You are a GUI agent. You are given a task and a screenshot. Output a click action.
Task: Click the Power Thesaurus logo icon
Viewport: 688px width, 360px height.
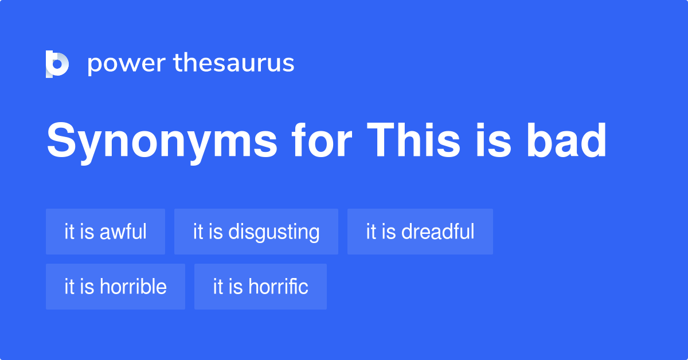(x=57, y=64)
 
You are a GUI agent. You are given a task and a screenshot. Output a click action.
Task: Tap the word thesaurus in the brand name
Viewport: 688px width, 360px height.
(x=234, y=63)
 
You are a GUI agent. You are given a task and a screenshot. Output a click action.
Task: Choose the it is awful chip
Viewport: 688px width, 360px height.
(x=105, y=232)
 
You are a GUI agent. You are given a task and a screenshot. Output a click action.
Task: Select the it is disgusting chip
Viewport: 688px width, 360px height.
(x=256, y=232)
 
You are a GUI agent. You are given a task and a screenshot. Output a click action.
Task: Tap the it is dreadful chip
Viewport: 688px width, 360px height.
(x=420, y=232)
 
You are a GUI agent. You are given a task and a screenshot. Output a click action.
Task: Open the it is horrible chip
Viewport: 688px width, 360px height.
(x=115, y=287)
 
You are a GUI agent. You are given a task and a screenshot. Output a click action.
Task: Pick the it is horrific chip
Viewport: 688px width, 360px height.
(x=260, y=287)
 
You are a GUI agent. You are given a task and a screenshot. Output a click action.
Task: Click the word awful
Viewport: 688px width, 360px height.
(x=123, y=232)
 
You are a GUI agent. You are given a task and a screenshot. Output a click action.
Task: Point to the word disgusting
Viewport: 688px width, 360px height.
(x=274, y=232)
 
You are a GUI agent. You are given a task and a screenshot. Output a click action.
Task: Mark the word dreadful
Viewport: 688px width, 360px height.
(x=438, y=232)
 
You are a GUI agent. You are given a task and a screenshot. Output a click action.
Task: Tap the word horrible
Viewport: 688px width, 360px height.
(x=133, y=287)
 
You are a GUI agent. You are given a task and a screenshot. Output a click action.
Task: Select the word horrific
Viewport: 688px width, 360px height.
(x=278, y=287)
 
